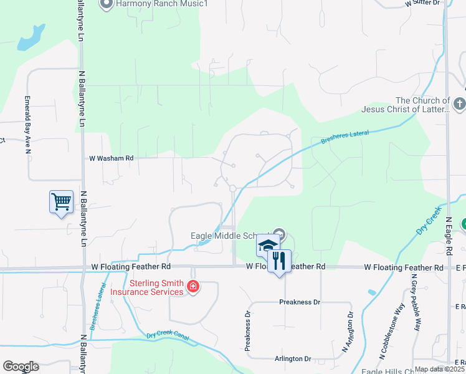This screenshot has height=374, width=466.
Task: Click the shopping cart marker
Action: tap(61, 202)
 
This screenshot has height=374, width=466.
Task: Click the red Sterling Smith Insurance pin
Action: tap(193, 287)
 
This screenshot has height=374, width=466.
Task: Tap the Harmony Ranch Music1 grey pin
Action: tap(106, 4)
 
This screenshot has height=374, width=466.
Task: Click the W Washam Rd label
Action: tap(112, 158)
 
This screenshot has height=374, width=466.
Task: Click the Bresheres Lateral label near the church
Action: tap(345, 138)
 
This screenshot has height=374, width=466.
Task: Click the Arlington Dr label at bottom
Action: tap(293, 358)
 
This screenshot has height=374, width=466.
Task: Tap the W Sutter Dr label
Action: tap(422, 3)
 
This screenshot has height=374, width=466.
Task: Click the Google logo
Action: tap(21, 367)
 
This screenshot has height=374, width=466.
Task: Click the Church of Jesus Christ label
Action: tap(406, 105)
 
